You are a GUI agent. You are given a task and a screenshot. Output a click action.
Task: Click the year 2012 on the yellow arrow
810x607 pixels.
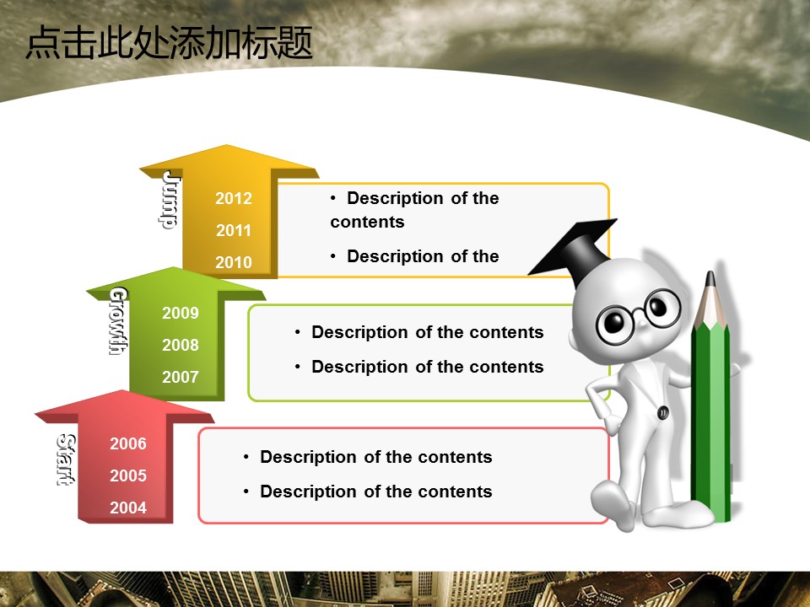(234, 198)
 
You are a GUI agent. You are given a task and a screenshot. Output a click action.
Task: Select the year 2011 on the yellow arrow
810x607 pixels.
(234, 230)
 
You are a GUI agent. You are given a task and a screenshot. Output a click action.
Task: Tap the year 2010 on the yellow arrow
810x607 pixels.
(234, 262)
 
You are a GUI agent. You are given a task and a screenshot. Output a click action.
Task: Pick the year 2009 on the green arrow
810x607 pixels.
(181, 313)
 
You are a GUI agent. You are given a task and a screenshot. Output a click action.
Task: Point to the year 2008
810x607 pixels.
(181, 345)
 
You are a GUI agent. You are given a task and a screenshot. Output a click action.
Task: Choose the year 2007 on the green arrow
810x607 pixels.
(181, 377)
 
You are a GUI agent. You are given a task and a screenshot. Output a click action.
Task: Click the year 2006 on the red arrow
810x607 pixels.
(128, 443)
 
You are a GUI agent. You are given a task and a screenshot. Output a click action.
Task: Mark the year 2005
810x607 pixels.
(128, 475)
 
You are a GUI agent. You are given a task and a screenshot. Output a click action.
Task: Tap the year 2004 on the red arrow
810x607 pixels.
(128, 508)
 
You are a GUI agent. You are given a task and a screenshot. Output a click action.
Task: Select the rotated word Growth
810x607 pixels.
(118, 321)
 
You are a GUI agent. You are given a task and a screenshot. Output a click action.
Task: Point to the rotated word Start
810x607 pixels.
(66, 460)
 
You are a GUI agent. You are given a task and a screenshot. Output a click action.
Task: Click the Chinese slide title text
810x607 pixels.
(170, 42)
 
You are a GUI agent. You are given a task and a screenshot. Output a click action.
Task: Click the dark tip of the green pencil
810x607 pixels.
(710, 279)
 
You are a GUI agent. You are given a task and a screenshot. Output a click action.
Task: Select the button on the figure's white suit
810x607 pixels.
(663, 412)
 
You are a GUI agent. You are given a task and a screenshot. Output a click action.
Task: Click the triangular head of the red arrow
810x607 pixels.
(124, 406)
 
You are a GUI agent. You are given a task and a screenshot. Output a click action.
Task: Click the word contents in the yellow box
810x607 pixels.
(367, 222)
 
